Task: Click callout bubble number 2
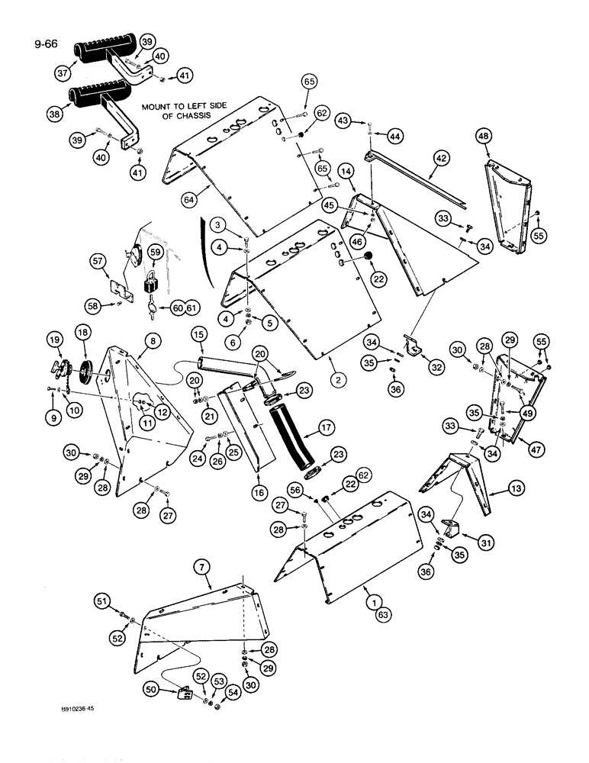[333, 378]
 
